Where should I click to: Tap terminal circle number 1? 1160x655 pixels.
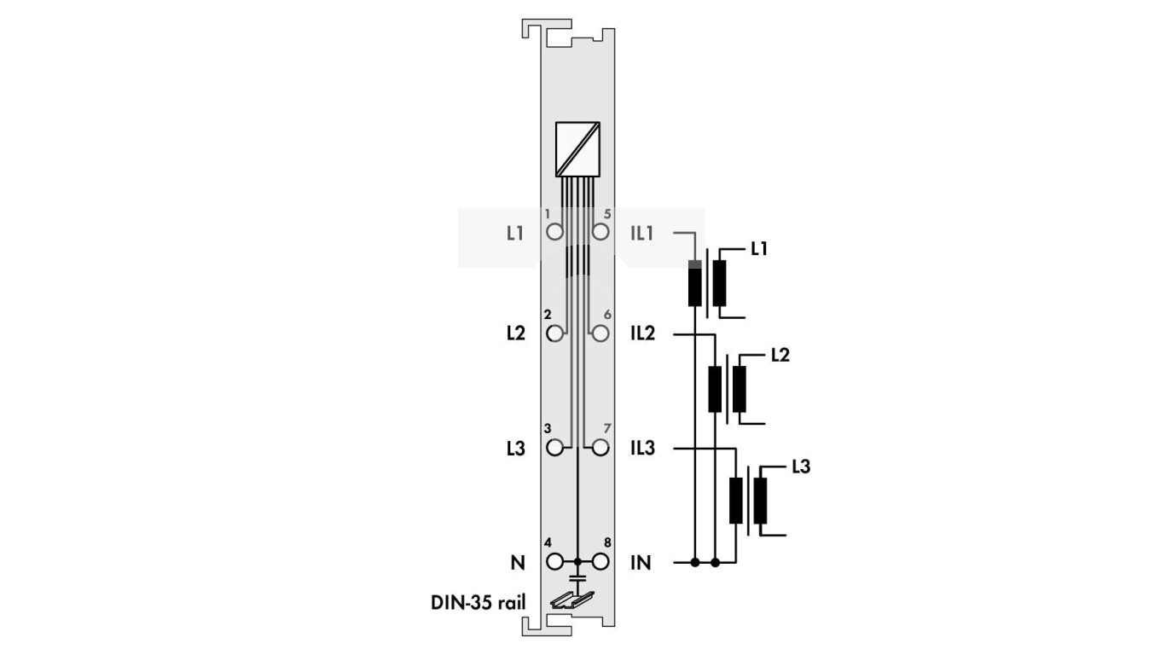pos(555,232)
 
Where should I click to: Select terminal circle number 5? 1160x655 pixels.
pos(600,232)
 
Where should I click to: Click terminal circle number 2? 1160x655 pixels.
pos(555,333)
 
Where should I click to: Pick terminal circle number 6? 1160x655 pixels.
pos(600,333)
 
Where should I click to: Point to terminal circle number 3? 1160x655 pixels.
pos(555,447)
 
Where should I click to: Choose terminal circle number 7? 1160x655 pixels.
pos(600,447)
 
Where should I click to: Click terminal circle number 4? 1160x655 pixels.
pos(555,562)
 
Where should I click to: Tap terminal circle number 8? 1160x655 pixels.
pos(600,562)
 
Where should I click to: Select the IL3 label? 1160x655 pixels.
pos(642,448)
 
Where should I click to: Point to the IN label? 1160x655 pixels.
pos(641,563)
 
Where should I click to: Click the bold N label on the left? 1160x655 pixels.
pos(516,563)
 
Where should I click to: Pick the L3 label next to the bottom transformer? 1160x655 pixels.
pos(800,467)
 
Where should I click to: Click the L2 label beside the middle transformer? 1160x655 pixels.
pos(780,355)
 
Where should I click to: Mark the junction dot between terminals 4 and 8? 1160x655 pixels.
pos(577,562)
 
